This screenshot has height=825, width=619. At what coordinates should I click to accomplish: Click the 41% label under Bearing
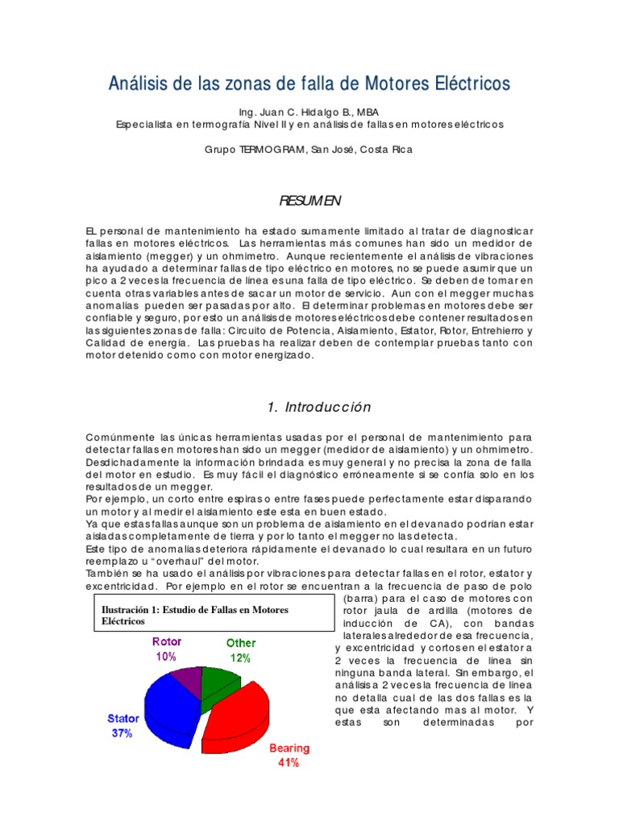tap(289, 762)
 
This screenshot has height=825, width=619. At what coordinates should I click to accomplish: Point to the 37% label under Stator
tap(122, 733)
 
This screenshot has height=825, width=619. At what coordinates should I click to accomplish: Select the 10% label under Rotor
tap(166, 657)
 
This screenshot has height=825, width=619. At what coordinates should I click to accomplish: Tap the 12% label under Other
tap(240, 657)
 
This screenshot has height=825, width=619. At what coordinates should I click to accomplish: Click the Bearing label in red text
tap(289, 748)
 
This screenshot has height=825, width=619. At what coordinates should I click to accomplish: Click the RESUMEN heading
tap(309, 200)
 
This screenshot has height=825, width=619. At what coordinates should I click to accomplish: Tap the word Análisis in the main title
tap(139, 84)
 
